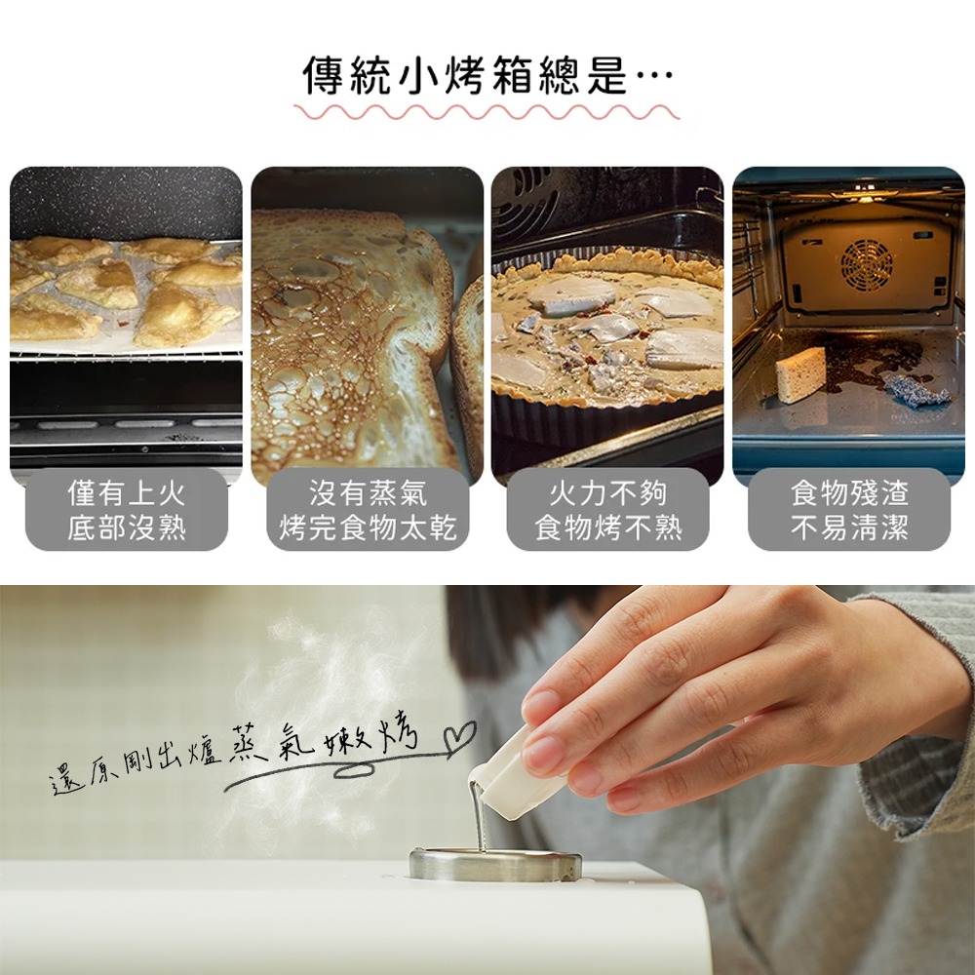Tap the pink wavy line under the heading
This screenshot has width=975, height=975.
point(487,112)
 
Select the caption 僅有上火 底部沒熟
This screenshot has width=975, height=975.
point(127,511)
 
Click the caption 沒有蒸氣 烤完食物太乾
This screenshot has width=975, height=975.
point(368,511)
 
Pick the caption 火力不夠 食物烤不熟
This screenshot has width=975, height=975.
point(608,511)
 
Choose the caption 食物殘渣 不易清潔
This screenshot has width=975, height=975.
point(849,511)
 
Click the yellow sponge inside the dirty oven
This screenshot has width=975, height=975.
point(800,374)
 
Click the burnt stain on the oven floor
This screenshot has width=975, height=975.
point(871,361)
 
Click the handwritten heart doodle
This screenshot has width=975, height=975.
point(459,737)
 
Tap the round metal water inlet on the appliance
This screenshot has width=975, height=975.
point(495,864)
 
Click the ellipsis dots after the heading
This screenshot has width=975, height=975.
point(655,76)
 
